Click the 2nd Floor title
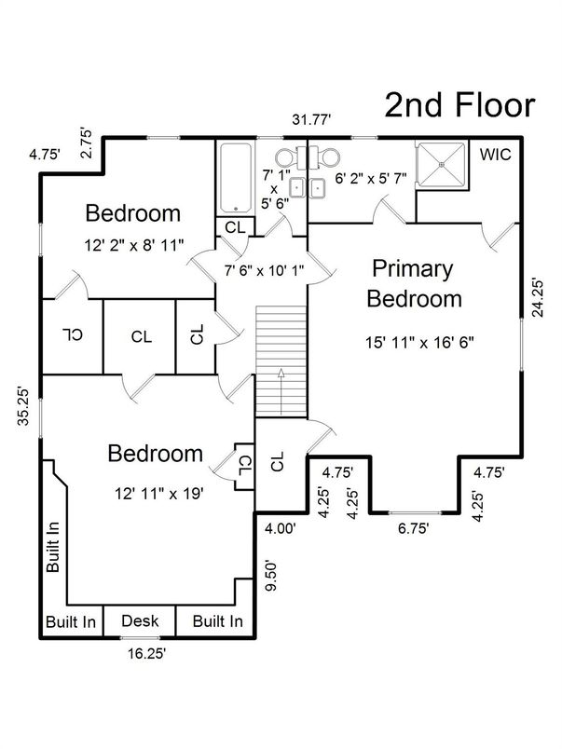(459, 105)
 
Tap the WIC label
(495, 155)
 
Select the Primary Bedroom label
(414, 283)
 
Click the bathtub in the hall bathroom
(235, 177)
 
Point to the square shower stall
(442, 164)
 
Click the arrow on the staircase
(281, 391)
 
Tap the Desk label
(140, 621)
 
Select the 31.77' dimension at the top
(311, 119)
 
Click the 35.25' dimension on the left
(24, 405)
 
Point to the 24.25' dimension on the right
(538, 297)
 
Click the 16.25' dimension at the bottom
(146, 653)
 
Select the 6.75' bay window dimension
(414, 529)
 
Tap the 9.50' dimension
(271, 576)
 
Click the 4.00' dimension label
(281, 529)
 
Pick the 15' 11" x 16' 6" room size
(419, 343)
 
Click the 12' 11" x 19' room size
(159, 494)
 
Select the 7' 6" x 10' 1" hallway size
(265, 271)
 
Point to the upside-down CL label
(72, 334)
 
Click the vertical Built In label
(53, 547)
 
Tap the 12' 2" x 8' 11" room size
(134, 246)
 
